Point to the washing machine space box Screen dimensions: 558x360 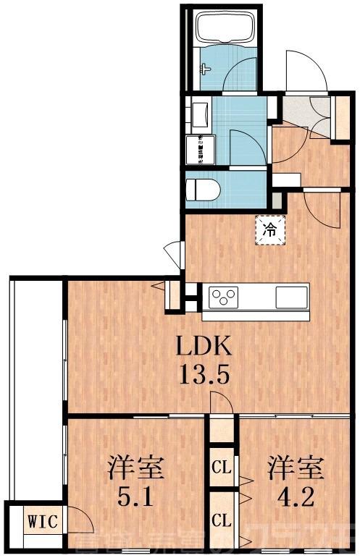(x=198, y=149)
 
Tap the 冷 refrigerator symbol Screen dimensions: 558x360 (x=269, y=231)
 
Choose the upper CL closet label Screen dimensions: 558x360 (x=221, y=467)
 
